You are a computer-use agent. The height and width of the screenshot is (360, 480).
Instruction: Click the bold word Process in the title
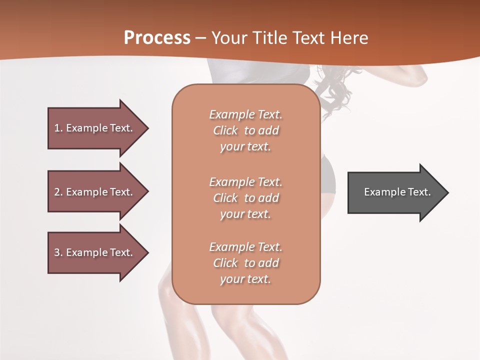[157, 37]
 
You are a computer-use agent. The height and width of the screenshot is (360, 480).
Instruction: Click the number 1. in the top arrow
[58, 128]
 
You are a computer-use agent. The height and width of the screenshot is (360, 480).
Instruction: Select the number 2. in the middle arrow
[58, 192]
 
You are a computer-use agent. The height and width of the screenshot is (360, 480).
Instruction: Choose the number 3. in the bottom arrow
[58, 252]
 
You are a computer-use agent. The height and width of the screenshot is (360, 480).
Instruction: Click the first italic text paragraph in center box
[245, 130]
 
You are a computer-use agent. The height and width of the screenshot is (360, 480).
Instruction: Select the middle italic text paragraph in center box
[245, 198]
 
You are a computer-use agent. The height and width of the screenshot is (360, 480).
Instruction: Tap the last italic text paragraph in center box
[245, 263]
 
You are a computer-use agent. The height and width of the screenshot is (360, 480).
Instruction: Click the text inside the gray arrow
[397, 192]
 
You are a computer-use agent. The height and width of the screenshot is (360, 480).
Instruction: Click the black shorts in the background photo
[327, 175]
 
